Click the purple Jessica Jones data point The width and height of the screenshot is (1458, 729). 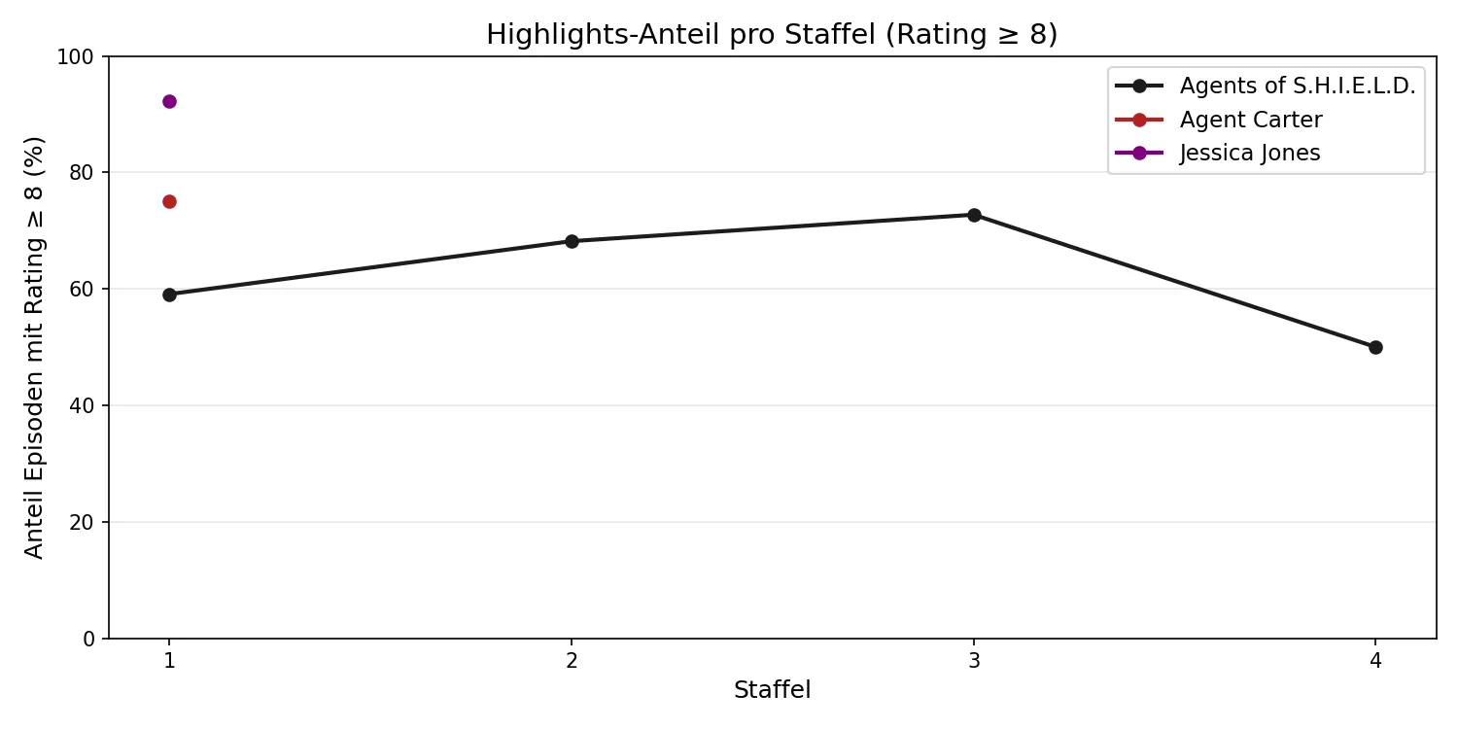pos(169,101)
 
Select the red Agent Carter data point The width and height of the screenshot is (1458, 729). pos(169,201)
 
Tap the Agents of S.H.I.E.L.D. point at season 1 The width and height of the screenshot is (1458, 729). pos(169,295)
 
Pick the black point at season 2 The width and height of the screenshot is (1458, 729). pos(572,241)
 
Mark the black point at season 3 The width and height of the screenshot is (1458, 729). pos(973,215)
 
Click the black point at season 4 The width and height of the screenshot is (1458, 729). pos(1375,347)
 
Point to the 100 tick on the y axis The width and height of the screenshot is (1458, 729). pos(82,56)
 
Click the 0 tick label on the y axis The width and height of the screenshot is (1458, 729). pos(90,639)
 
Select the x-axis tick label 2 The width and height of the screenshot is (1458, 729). pos(572,661)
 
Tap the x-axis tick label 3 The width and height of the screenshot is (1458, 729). pos(973,661)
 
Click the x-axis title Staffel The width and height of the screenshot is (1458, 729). pos(772,691)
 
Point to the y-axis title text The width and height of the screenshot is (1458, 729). pos(34,347)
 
